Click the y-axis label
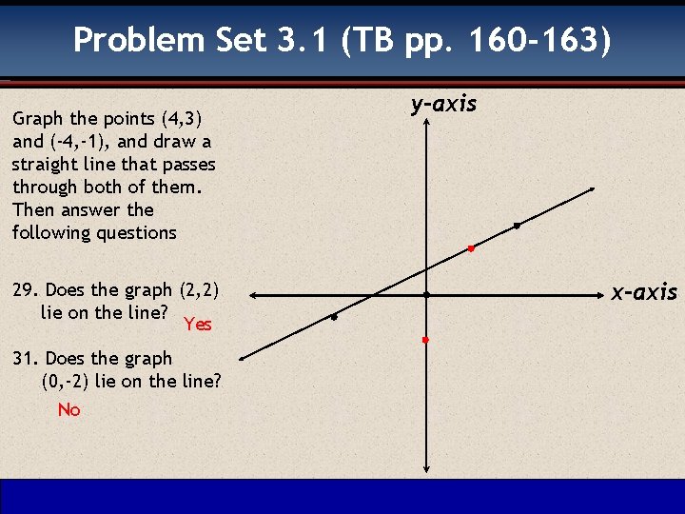tap(443, 104)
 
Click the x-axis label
tap(644, 292)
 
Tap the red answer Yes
tap(198, 325)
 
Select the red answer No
tap(68, 410)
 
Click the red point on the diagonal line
tap(470, 248)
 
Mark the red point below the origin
tap(426, 340)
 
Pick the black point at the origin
tap(427, 295)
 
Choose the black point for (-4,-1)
tap(335, 317)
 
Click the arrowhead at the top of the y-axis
tap(427, 124)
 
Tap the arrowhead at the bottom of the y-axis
tap(426, 467)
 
